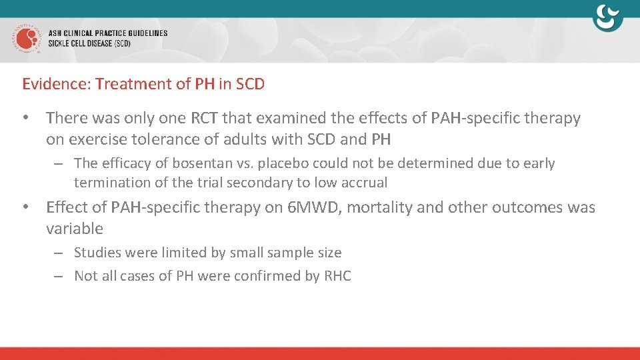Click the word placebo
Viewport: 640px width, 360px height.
pos(279,163)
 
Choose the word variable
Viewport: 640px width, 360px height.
pos(75,229)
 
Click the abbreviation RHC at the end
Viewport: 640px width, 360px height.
pos(337,276)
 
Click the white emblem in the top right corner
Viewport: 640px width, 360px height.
pos(607,18)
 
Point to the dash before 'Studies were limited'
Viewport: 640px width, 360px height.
pos(59,253)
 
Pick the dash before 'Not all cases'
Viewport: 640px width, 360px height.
pos(59,276)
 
